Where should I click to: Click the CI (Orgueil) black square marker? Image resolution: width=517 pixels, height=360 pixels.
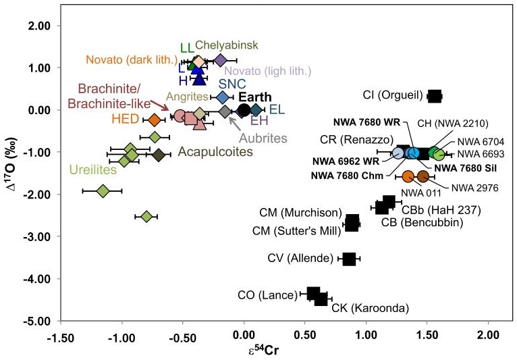tap(435, 96)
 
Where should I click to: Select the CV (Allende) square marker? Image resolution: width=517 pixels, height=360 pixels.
tap(349, 259)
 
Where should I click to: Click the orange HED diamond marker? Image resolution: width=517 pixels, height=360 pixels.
tap(155, 120)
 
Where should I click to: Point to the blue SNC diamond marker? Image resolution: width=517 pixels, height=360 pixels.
tap(223, 97)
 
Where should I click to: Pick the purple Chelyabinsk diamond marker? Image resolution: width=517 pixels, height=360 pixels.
tap(220, 60)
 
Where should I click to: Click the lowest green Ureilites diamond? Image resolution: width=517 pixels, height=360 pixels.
tap(147, 216)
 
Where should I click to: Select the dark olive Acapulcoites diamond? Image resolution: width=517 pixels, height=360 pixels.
tap(159, 155)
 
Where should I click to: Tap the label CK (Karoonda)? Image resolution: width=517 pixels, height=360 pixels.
tap(371, 309)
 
